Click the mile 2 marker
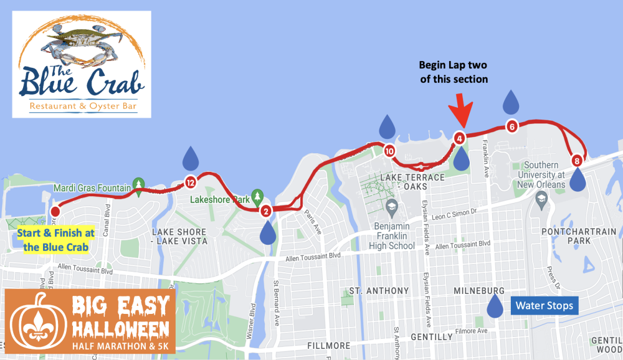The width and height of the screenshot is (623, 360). click(265, 211)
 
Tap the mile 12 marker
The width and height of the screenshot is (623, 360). click(191, 182)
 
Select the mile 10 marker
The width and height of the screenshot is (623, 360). click(389, 151)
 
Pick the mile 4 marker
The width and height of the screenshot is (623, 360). click(459, 138)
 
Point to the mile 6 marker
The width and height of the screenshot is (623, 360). click(512, 125)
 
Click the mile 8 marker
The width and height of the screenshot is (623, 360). click(578, 161)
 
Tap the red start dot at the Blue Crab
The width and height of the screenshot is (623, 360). click(55, 210)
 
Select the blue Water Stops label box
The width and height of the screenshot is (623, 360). click(543, 306)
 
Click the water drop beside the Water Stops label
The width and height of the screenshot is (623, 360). click(496, 305)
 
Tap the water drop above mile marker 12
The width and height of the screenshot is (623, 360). click(191, 158)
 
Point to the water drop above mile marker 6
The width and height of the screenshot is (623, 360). click(511, 101)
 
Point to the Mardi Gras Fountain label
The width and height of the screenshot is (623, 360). click(92, 187)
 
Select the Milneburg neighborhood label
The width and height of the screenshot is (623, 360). click(479, 291)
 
